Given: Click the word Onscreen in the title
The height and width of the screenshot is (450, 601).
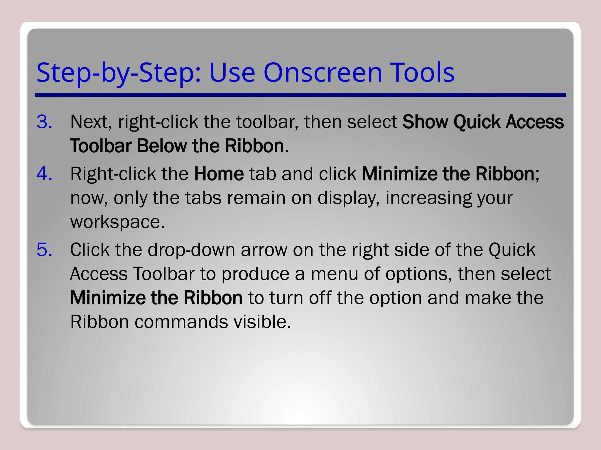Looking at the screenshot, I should pos(323,73).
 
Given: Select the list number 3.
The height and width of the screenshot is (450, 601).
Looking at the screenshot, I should pos(44,122).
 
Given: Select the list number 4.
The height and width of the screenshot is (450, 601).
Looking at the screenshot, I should pos(44,174).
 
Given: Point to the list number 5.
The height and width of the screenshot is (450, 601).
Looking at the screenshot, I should pos(44,250).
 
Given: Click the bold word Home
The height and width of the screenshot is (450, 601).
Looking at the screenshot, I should pos(219,174).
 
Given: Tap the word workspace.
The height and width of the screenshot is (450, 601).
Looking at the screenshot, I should pos(117,222).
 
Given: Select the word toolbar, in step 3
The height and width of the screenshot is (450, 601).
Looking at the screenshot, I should pos(267,122).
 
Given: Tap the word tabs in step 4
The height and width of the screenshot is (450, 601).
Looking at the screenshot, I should pos(203,198).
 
